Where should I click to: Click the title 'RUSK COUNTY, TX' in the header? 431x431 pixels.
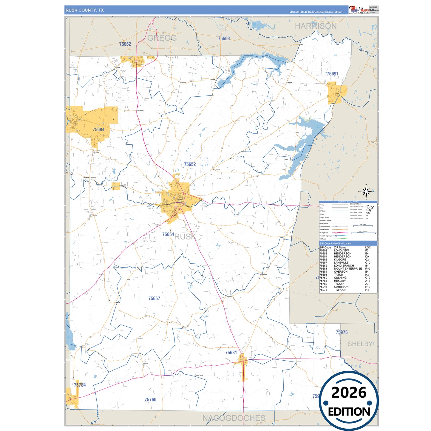85,10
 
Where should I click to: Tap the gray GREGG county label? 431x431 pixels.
162,38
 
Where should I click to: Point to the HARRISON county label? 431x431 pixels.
316,26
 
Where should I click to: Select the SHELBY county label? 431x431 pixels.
360,344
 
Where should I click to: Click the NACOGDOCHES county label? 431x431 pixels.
234,418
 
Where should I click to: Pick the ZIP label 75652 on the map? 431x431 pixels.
190,164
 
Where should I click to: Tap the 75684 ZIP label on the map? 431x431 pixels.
98,129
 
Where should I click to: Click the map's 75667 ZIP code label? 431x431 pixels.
154,299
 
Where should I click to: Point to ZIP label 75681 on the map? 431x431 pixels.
231,353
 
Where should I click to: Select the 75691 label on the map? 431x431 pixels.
332,74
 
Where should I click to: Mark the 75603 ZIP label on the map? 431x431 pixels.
224,38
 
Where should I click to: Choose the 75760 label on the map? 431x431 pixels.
150,400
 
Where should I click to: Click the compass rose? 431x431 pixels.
367,191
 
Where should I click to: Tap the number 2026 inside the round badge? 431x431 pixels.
349,393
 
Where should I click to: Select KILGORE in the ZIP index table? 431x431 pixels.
340,259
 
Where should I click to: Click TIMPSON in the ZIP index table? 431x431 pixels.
340,290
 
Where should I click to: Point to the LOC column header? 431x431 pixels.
368,248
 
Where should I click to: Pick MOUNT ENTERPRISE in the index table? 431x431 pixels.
348,269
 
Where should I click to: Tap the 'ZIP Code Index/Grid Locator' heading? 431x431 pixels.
336,243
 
